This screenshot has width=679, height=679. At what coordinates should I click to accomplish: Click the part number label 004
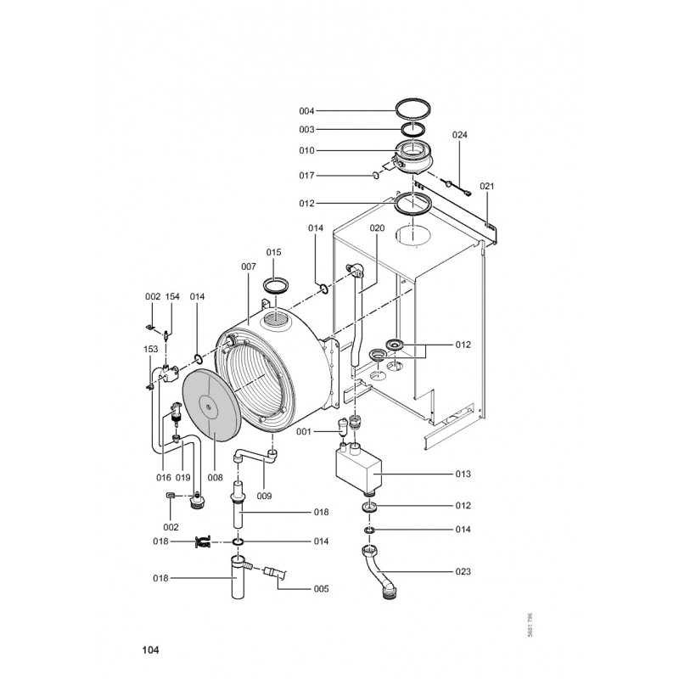pos(306,111)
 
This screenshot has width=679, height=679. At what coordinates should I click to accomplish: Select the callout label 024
pos(459,135)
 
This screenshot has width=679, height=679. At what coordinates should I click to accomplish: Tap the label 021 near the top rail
pos(486,186)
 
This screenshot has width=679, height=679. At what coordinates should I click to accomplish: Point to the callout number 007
pos(249,267)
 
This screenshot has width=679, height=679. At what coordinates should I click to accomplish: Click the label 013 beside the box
pos(463,474)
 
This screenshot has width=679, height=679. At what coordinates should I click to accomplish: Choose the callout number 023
pos(463,571)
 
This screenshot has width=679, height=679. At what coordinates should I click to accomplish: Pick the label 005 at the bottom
pos(321,589)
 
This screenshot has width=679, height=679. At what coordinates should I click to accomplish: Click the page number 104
pos(150,649)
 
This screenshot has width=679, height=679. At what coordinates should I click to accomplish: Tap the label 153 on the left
pos(151,349)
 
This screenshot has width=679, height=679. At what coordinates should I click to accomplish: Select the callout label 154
pos(172,296)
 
